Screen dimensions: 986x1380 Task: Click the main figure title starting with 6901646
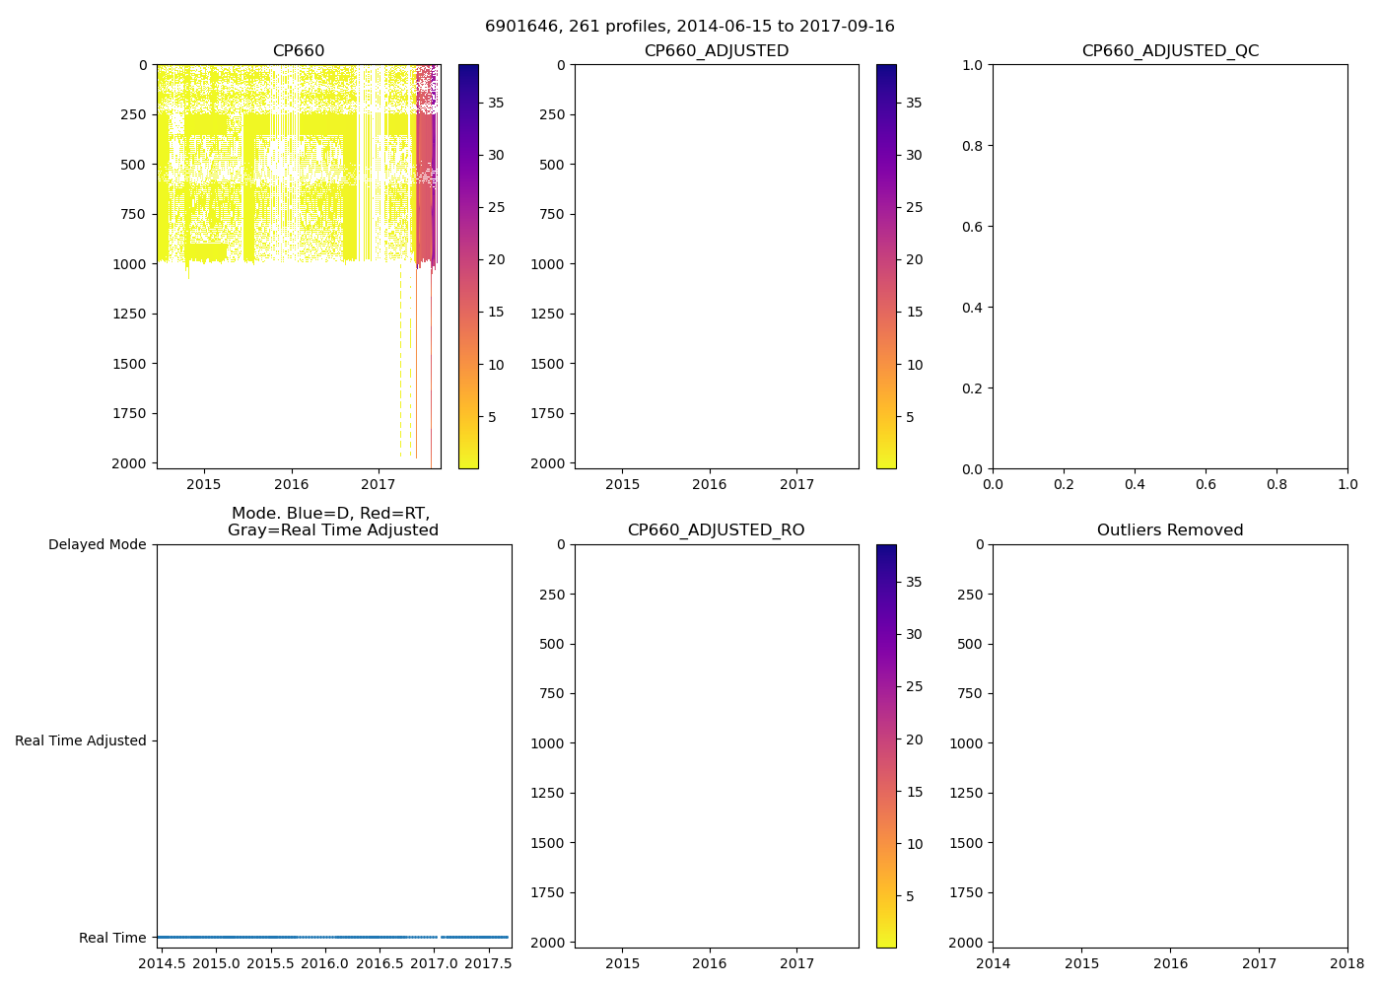tap(689, 27)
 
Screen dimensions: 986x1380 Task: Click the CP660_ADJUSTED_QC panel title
tap(1170, 51)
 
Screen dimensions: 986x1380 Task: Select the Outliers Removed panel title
tap(1170, 530)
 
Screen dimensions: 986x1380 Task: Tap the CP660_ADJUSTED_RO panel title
tap(716, 530)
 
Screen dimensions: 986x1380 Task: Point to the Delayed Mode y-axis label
tap(97, 544)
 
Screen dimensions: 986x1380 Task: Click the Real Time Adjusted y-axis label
tap(80, 740)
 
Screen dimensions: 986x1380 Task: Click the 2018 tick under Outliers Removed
tap(1347, 963)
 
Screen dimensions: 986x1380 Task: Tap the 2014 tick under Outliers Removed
tap(993, 963)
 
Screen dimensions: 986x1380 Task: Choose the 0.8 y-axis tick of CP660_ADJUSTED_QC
tap(973, 146)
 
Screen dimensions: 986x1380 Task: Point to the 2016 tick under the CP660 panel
tap(291, 484)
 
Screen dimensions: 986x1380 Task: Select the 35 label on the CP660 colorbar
tap(496, 103)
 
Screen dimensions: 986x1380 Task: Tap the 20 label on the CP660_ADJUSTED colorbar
tap(914, 259)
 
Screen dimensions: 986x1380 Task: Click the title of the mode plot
tap(332, 522)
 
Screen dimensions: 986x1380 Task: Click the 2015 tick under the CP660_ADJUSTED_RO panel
tap(622, 963)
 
